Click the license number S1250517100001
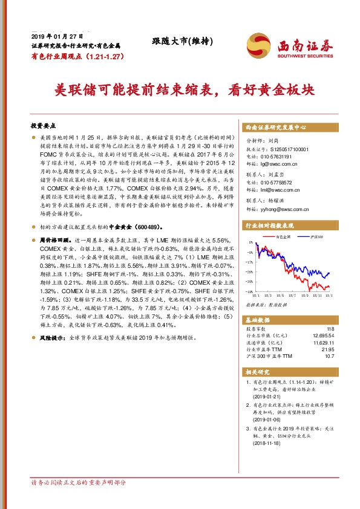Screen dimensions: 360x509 point(287,148)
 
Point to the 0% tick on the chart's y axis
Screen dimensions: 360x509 point(249,243)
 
